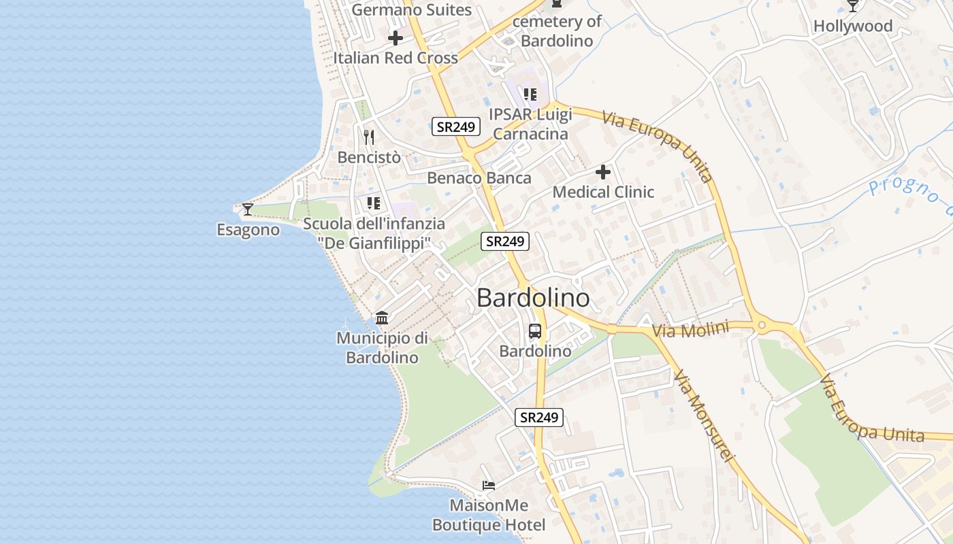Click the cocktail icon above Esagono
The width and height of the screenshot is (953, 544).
point(248,209)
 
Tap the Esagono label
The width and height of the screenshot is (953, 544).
point(248,230)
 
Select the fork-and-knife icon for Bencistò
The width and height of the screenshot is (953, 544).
point(369,137)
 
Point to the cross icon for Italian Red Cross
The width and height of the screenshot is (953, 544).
point(395,38)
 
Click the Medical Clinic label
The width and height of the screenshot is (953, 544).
point(603,192)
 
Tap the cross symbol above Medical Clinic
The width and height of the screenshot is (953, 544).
point(603,172)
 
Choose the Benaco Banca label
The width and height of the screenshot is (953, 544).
point(479,178)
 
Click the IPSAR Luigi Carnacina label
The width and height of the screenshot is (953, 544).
point(530,124)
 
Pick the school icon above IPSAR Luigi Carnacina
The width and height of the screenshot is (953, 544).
point(530,95)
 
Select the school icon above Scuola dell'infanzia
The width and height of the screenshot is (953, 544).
point(373,203)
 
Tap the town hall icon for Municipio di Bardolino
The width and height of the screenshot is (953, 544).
point(382,318)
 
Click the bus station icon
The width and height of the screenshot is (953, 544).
point(535,331)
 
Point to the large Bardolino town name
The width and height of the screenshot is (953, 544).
point(533,298)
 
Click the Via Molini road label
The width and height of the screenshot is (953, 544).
point(690,330)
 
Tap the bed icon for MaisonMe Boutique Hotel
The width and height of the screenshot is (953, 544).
point(488,486)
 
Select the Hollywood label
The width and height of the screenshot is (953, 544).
point(853,27)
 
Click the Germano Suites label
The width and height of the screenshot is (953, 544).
point(412,10)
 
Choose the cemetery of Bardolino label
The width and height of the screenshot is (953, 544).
point(557,31)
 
